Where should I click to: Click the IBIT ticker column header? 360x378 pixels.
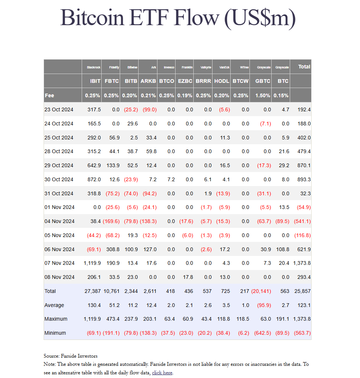[95, 81]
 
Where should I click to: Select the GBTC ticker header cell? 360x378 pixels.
[263, 81]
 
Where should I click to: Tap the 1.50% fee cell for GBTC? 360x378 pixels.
[263, 95]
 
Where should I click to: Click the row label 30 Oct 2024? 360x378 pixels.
[59, 179]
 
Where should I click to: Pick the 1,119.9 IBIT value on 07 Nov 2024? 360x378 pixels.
[92, 263]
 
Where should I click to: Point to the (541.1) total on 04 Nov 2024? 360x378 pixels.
[302, 221]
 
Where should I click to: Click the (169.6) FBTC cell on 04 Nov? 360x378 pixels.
[111, 221]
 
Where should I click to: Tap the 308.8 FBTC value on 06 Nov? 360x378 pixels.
[113, 249]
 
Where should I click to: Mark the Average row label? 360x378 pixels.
[54, 305]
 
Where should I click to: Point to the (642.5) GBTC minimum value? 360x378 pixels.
[262, 333]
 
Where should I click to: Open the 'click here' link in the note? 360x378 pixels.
[162, 373]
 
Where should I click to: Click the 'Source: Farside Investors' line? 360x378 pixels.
[70, 356]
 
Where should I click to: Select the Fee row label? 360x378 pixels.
[49, 95]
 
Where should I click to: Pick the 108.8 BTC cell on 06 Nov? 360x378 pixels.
[283, 249]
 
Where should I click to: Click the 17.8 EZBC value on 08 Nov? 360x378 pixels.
[189, 277]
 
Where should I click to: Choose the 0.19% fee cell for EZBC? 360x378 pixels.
[185, 95]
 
